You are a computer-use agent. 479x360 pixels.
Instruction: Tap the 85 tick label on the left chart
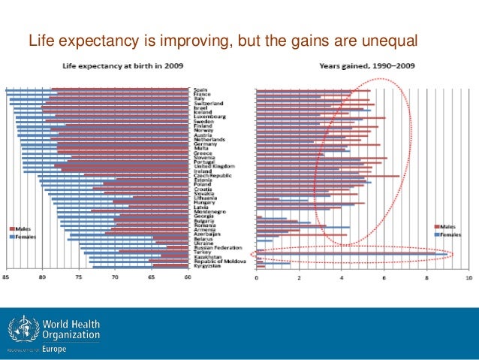pos(6,277)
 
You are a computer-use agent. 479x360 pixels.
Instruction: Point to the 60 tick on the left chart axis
pos(187,277)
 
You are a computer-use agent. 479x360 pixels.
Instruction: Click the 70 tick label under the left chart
pos(115,277)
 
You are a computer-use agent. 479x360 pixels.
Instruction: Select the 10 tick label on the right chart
pos(468,277)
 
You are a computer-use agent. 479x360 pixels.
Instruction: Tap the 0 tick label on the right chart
pos(257,277)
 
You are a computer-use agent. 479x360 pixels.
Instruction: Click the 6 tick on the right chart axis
pos(384,277)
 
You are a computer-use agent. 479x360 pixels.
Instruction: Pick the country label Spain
pos(200,90)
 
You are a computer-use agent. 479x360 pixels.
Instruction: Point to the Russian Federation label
pos(216,247)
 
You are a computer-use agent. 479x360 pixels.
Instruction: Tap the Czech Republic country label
pos(211,175)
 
